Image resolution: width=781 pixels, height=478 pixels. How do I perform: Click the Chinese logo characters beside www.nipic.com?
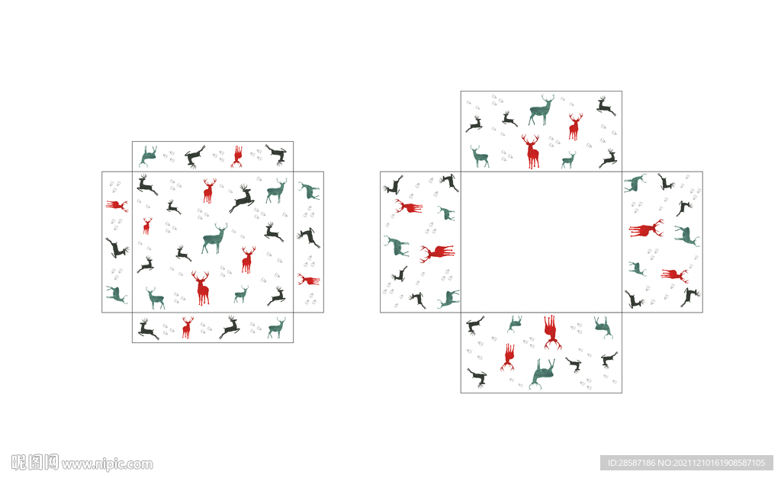(35, 463)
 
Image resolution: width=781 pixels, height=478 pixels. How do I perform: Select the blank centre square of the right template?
(542, 242)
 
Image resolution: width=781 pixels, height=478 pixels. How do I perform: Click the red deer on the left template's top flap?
(237, 156)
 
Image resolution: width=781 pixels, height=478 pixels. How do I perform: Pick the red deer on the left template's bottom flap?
(188, 328)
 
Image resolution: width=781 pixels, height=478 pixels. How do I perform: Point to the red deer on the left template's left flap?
(117, 204)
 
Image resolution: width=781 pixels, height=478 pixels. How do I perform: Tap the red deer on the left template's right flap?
(309, 280)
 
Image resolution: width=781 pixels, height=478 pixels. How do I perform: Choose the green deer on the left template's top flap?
(148, 156)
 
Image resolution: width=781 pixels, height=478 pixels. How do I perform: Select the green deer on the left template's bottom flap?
(277, 328)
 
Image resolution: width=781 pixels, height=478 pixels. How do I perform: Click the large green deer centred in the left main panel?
(214, 239)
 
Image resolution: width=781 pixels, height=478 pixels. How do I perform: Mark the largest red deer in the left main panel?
(201, 288)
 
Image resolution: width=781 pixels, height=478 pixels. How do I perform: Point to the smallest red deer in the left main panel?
(147, 226)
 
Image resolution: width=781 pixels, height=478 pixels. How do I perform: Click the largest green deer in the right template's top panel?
(541, 110)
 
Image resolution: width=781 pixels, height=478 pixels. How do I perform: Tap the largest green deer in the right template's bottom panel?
(542, 374)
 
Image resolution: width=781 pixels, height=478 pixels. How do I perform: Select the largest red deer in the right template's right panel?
(646, 229)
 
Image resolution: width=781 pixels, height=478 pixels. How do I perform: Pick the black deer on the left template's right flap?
(308, 237)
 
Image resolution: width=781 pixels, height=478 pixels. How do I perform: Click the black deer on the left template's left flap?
(117, 248)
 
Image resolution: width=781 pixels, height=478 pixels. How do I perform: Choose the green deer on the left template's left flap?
(117, 294)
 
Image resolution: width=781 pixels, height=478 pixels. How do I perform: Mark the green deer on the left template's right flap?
(309, 191)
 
